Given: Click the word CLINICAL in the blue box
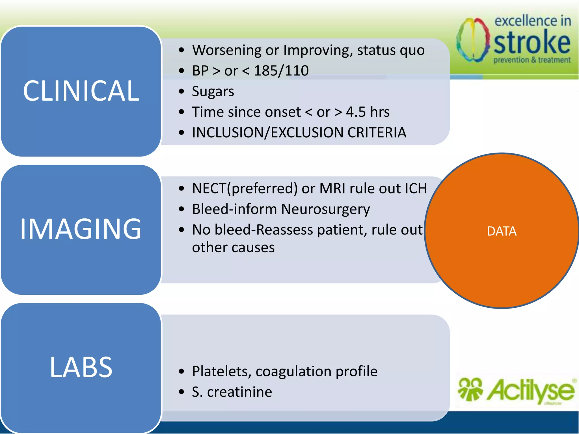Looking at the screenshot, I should tap(81, 91).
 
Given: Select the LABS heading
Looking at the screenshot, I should tap(81, 367).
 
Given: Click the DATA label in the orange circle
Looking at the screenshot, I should tap(502, 231).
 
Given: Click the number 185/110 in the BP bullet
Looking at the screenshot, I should tap(281, 71).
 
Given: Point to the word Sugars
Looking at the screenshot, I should tap(213, 92).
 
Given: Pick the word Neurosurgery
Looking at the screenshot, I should tap(325, 209).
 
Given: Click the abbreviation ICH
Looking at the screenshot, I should tap(416, 188).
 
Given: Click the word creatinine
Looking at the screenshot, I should tap(239, 392).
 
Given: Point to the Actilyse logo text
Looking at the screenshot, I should tap(530, 391).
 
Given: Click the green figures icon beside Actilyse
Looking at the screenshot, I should tap(470, 389).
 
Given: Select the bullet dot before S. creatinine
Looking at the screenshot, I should tap(182, 392).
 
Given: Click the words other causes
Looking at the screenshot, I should tap(233, 248).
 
